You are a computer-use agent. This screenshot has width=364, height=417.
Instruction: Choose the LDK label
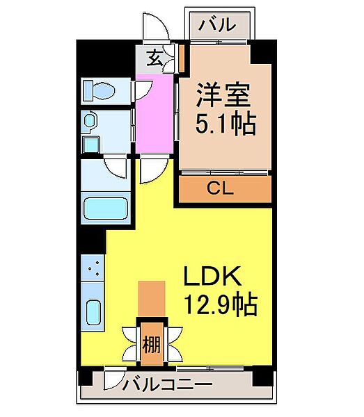pos(212,277)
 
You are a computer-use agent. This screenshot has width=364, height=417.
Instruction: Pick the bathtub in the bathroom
pos(105,208)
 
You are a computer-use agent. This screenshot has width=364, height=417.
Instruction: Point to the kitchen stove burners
pos(93,268)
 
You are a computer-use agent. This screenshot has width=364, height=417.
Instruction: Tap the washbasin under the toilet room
pos(90,123)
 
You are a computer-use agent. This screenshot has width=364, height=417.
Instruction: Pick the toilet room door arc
pos(143,89)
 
